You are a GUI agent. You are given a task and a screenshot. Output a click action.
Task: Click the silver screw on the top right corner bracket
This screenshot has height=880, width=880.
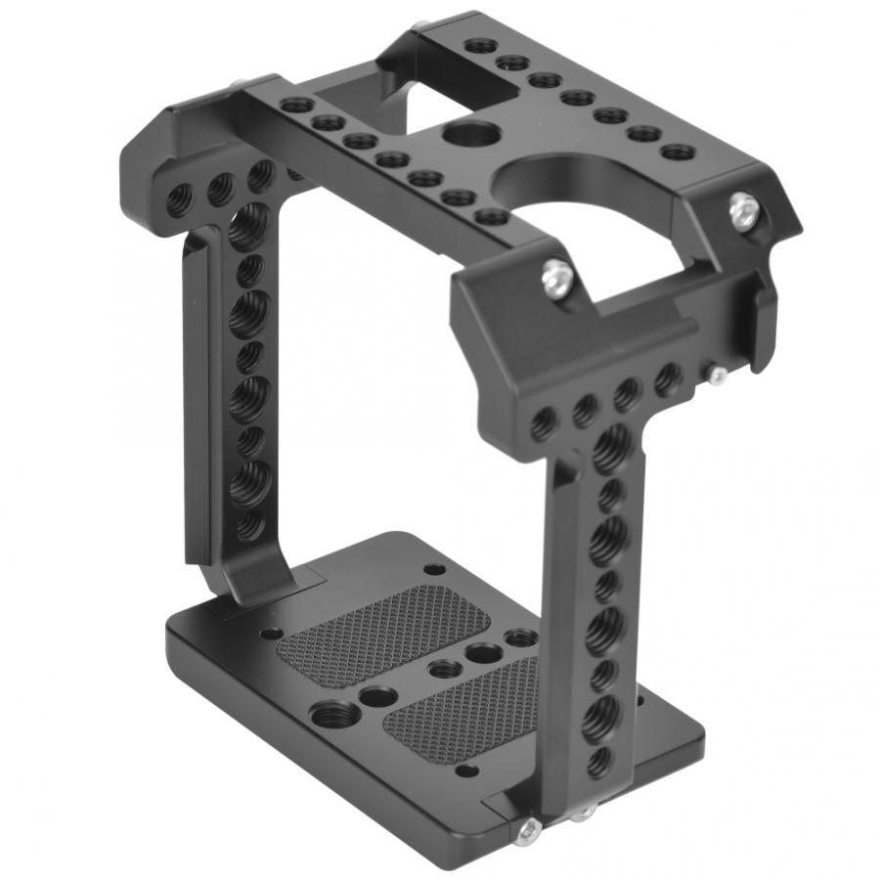(744, 211)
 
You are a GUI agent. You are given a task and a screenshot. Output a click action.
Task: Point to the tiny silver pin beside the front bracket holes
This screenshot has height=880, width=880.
(717, 374)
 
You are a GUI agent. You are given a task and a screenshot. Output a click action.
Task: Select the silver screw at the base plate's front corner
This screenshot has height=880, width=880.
(529, 829)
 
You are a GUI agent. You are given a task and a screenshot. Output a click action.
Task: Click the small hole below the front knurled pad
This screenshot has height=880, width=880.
(467, 770)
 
